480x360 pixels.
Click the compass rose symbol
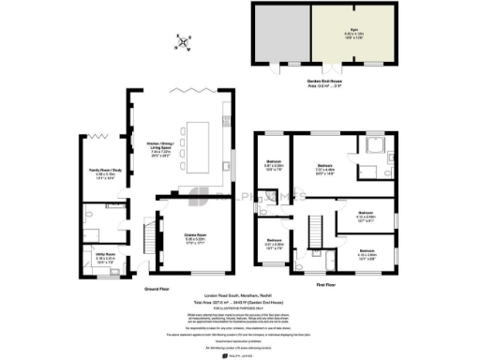pyautogui.click(x=186, y=42)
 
